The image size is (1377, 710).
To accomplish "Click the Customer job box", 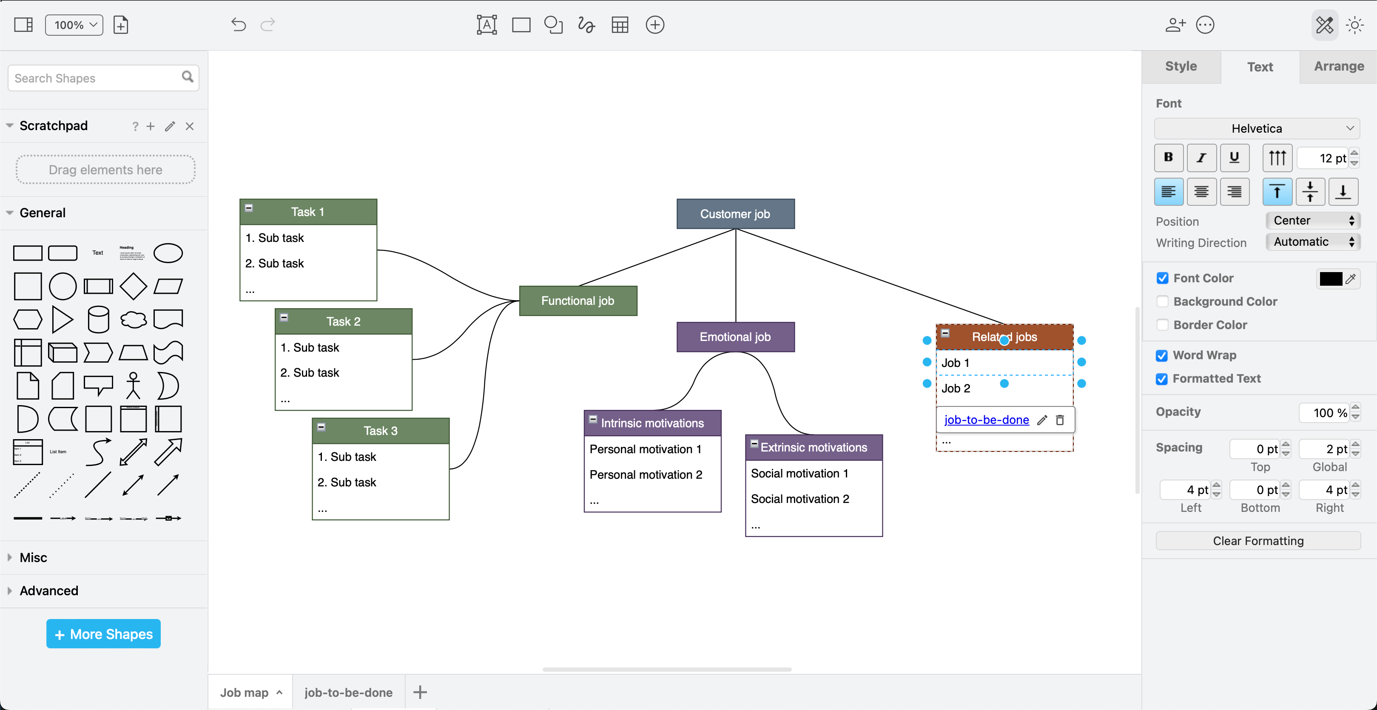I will click(735, 214).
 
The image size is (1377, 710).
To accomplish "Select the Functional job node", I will click(578, 301).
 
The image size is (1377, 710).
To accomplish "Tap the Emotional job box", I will click(735, 337).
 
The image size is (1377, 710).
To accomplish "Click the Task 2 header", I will click(343, 321).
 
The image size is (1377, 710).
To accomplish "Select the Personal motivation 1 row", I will click(645, 449).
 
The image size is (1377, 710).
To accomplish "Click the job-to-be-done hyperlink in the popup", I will click(986, 420).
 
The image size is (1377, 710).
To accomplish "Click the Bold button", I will click(1169, 158).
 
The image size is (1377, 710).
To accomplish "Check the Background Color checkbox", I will click(1162, 301).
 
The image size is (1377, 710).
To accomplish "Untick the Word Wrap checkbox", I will click(1161, 355).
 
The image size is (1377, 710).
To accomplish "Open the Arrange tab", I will click(1338, 66).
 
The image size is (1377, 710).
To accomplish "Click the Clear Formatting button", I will click(1258, 541).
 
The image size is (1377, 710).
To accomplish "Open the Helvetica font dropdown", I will click(1257, 128).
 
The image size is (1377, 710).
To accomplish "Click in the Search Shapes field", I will click(96, 78).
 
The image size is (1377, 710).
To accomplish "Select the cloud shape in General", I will click(133, 319).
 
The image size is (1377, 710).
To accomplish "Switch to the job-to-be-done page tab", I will click(348, 693).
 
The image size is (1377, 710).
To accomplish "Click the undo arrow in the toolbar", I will click(239, 25).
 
